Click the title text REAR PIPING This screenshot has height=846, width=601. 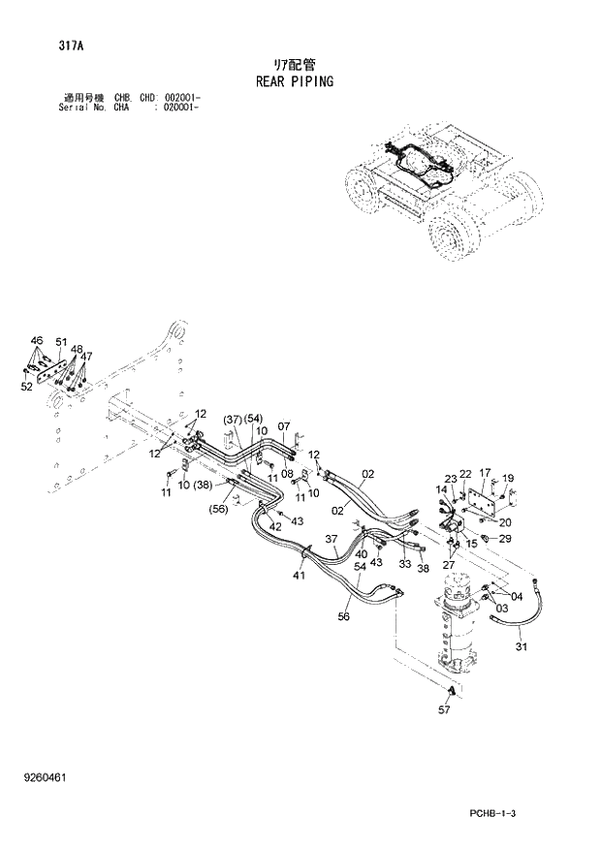click(x=294, y=81)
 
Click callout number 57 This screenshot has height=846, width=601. click(x=444, y=711)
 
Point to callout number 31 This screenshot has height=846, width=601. click(x=521, y=647)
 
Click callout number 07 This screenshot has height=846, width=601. click(x=284, y=425)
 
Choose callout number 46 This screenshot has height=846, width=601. click(x=37, y=341)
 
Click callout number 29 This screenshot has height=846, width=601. click(x=504, y=538)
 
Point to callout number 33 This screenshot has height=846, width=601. click(x=405, y=563)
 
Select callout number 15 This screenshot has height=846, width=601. click(x=472, y=544)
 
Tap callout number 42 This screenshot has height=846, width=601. click(x=275, y=526)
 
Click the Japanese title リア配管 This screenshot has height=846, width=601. click(x=295, y=64)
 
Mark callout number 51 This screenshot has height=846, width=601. click(x=61, y=342)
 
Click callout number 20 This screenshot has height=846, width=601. click(x=505, y=522)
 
